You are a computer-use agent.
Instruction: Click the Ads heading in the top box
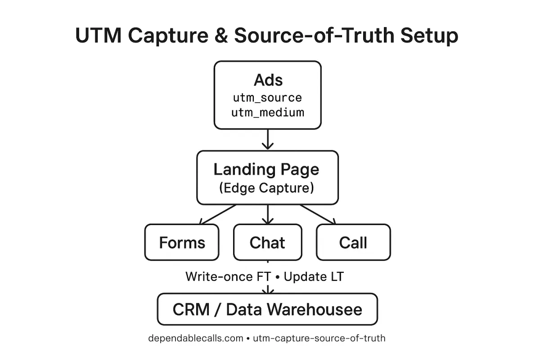coord(268,80)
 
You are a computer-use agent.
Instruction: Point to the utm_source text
coord(268,97)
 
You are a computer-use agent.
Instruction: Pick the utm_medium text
coord(268,112)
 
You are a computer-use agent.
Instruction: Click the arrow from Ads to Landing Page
coord(268,139)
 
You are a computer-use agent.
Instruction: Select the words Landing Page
coord(266,170)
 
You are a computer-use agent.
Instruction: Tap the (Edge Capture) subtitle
coord(266,188)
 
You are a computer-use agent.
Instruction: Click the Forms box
coord(182,243)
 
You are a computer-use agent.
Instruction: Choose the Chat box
coord(267,243)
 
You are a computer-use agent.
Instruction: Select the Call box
coord(353,243)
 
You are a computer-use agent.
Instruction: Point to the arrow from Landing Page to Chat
coord(268,214)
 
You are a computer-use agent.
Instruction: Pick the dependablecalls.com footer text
coord(196,338)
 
